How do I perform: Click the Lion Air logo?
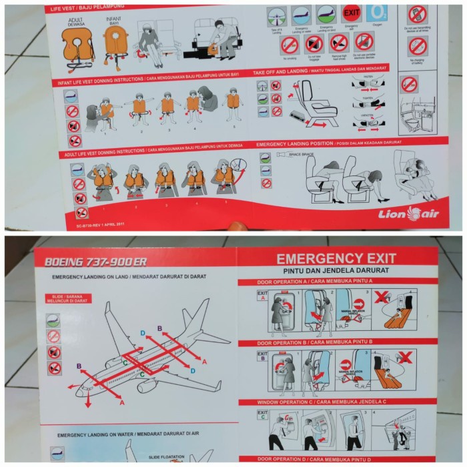click(x=408, y=213)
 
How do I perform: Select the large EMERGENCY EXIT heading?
click(x=336, y=258)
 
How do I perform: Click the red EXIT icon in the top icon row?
click(x=351, y=13)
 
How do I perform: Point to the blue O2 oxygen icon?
click(x=377, y=13)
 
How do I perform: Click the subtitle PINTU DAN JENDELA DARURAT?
click(x=336, y=272)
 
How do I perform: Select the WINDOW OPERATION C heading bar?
click(x=336, y=402)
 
